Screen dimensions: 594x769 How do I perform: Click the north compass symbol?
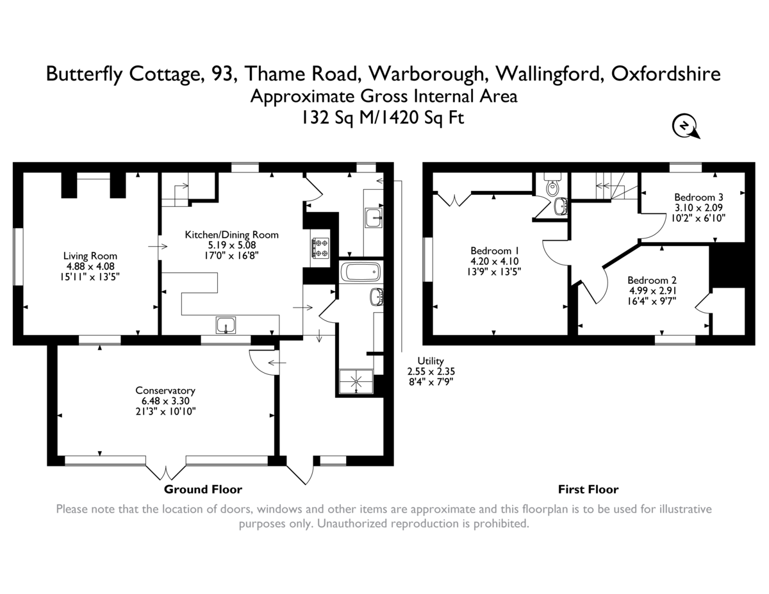tap(684, 126)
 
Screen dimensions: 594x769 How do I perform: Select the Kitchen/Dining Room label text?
tap(231, 235)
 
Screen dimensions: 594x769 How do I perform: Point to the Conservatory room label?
tap(165, 390)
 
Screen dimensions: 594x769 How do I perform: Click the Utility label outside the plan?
tap(430, 361)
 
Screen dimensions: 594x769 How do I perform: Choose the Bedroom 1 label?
tap(494, 251)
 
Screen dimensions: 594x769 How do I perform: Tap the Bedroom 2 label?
tap(652, 280)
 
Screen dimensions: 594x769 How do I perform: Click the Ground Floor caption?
tap(203, 490)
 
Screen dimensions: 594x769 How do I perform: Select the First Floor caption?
tap(588, 490)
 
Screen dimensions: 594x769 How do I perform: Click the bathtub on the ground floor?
tap(361, 272)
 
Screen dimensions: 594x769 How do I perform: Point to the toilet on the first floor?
tap(552, 187)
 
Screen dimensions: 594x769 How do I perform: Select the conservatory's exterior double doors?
tap(166, 471)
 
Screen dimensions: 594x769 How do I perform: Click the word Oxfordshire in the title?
tap(666, 74)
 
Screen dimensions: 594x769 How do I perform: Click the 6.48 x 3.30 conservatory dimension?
tap(165, 401)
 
